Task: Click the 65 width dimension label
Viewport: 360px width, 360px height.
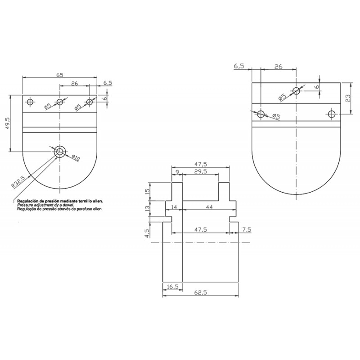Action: tap(59, 75)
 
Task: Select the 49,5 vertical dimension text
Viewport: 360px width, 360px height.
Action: tap(7, 123)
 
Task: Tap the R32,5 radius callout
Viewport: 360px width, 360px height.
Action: tap(18, 182)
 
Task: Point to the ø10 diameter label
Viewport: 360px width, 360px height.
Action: tap(76, 158)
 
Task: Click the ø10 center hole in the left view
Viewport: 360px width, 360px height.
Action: tap(60, 151)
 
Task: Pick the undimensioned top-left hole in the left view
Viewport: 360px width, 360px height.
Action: tap(30, 102)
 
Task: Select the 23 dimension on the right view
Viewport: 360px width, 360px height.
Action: tap(348, 98)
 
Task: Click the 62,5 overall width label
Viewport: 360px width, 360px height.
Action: tap(200, 292)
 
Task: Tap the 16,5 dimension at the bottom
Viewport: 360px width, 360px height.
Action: tap(172, 287)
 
